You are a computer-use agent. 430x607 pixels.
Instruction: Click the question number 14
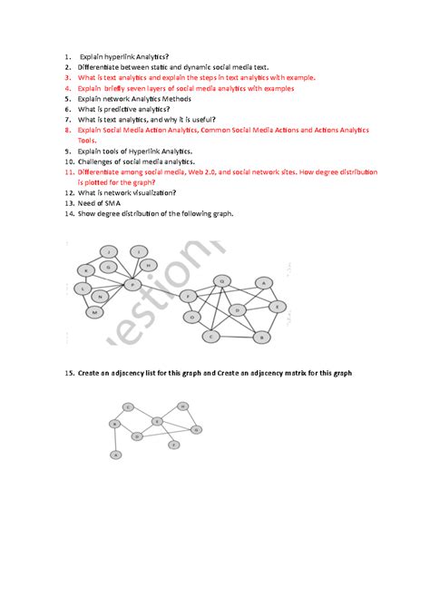point(69,213)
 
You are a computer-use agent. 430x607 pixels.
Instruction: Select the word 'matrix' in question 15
point(274,373)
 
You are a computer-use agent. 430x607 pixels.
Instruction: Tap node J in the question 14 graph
point(110,251)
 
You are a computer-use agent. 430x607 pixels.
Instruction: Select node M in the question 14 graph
point(94,311)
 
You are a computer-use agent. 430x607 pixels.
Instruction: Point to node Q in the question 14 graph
point(222,280)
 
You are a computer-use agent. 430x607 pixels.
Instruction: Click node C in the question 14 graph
point(211,336)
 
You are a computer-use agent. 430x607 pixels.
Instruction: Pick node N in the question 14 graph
point(101,296)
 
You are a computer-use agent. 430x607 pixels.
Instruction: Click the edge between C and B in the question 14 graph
point(236,337)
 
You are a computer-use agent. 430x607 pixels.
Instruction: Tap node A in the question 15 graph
point(116,454)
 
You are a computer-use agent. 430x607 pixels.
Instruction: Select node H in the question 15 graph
point(183,406)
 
